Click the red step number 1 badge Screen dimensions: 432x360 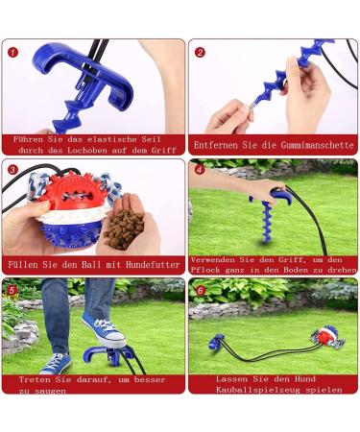coord(13,52)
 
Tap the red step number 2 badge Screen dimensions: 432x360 coord(200,52)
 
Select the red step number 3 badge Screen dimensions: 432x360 coord(13,170)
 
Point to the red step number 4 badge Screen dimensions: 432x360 coord(200,170)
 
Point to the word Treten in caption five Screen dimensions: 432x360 coord(39,379)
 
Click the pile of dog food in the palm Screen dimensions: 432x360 coord(123,225)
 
